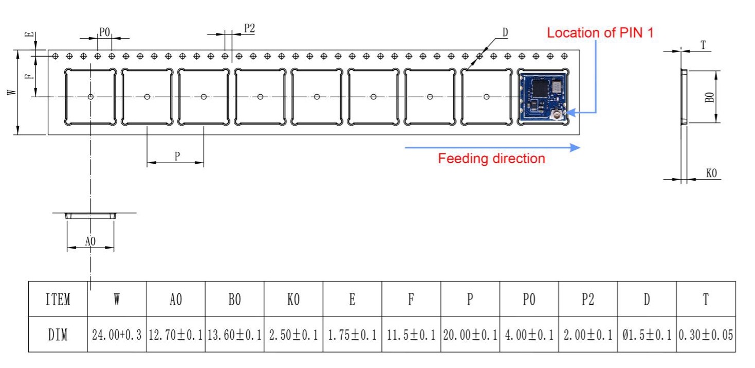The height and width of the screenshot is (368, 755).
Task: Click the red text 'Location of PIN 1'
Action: click(x=600, y=33)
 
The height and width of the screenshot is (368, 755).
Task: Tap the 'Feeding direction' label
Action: click(x=491, y=159)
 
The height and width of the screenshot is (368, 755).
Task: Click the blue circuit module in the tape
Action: click(x=543, y=97)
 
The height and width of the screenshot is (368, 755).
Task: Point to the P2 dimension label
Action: click(x=249, y=28)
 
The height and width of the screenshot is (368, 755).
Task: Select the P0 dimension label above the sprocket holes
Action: click(x=104, y=32)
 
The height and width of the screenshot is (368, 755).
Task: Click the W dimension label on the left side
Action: click(x=11, y=92)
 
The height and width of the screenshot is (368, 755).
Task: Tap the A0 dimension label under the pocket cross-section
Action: click(x=90, y=241)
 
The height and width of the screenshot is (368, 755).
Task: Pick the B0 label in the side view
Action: click(x=709, y=97)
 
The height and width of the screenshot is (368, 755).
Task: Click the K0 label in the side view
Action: click(x=711, y=173)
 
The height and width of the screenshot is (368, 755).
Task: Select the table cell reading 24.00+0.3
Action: click(x=117, y=335)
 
